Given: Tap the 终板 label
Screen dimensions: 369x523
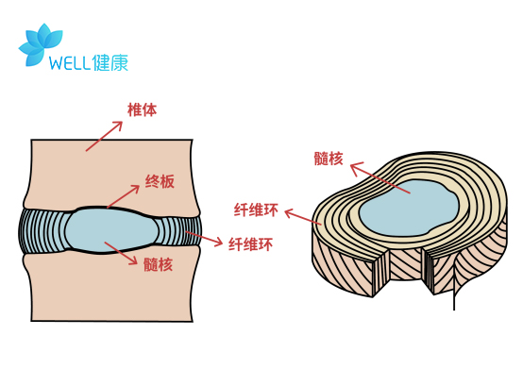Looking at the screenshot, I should [160, 181].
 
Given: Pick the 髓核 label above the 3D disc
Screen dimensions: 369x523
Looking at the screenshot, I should [329, 158].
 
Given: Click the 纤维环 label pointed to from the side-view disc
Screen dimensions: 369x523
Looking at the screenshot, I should [251, 244].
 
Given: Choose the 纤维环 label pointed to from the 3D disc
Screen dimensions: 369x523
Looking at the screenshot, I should [256, 209].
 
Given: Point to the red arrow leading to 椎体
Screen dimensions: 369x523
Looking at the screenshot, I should [105, 135].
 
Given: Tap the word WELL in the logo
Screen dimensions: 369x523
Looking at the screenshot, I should [70, 64].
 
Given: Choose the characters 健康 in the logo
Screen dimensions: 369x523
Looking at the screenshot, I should [111, 63].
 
